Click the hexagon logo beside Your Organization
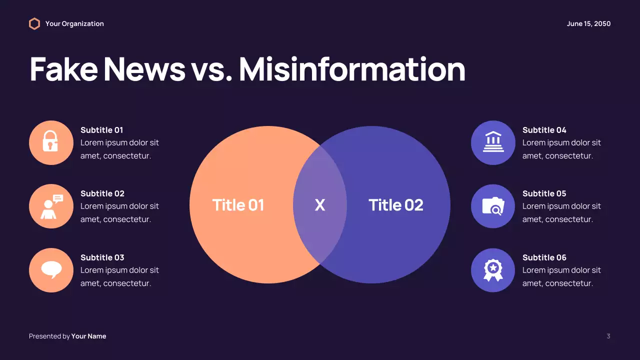[34, 23]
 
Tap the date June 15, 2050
[588, 23]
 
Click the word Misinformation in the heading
[352, 69]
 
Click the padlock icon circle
[51, 142]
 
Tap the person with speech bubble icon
[51, 206]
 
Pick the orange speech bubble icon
[51, 270]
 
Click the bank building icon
[493, 142]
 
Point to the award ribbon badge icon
[493, 270]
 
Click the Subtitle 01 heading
[101, 130]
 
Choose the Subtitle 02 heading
[102, 193]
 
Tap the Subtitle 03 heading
[102, 257]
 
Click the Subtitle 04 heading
[544, 130]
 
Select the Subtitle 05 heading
[544, 193]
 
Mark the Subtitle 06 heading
[544, 257]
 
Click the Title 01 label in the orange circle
[238, 205]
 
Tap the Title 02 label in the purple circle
[395, 205]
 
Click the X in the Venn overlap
[319, 205]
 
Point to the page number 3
[608, 336]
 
